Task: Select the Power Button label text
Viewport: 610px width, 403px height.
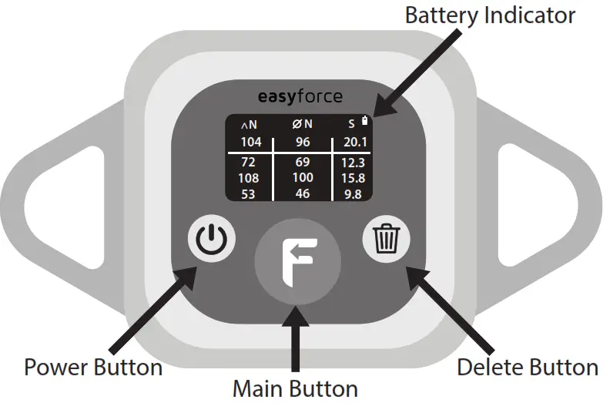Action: [x=93, y=367]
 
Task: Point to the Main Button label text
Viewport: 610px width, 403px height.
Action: [x=295, y=388]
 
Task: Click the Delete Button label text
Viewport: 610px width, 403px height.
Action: [x=527, y=367]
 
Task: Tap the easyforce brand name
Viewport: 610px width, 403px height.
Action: [x=300, y=97]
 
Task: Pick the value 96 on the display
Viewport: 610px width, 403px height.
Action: [x=303, y=142]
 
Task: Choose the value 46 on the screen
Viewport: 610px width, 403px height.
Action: [x=303, y=193]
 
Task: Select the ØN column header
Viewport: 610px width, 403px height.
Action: [x=303, y=124]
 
